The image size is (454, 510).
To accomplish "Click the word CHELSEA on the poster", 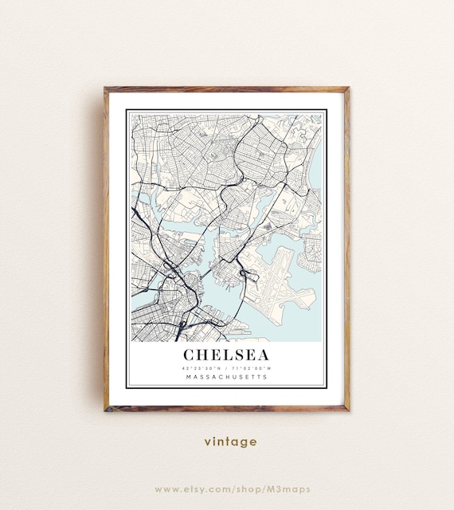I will click(226, 354).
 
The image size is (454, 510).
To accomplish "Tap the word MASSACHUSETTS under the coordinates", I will click(226, 377).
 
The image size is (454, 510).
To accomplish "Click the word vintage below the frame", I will click(230, 441).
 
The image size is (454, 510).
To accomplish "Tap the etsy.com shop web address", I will click(232, 488).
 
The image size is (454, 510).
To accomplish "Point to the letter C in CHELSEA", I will click(190, 354).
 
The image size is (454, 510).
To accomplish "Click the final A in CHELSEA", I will click(263, 354).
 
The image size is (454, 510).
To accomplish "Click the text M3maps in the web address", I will click(290, 488).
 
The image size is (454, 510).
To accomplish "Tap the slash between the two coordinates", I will click(226, 368).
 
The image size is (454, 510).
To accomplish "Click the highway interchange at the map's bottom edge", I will click(182, 326).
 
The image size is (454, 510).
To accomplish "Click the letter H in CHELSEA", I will click(205, 354).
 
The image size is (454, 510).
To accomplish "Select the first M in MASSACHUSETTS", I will click(187, 377).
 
